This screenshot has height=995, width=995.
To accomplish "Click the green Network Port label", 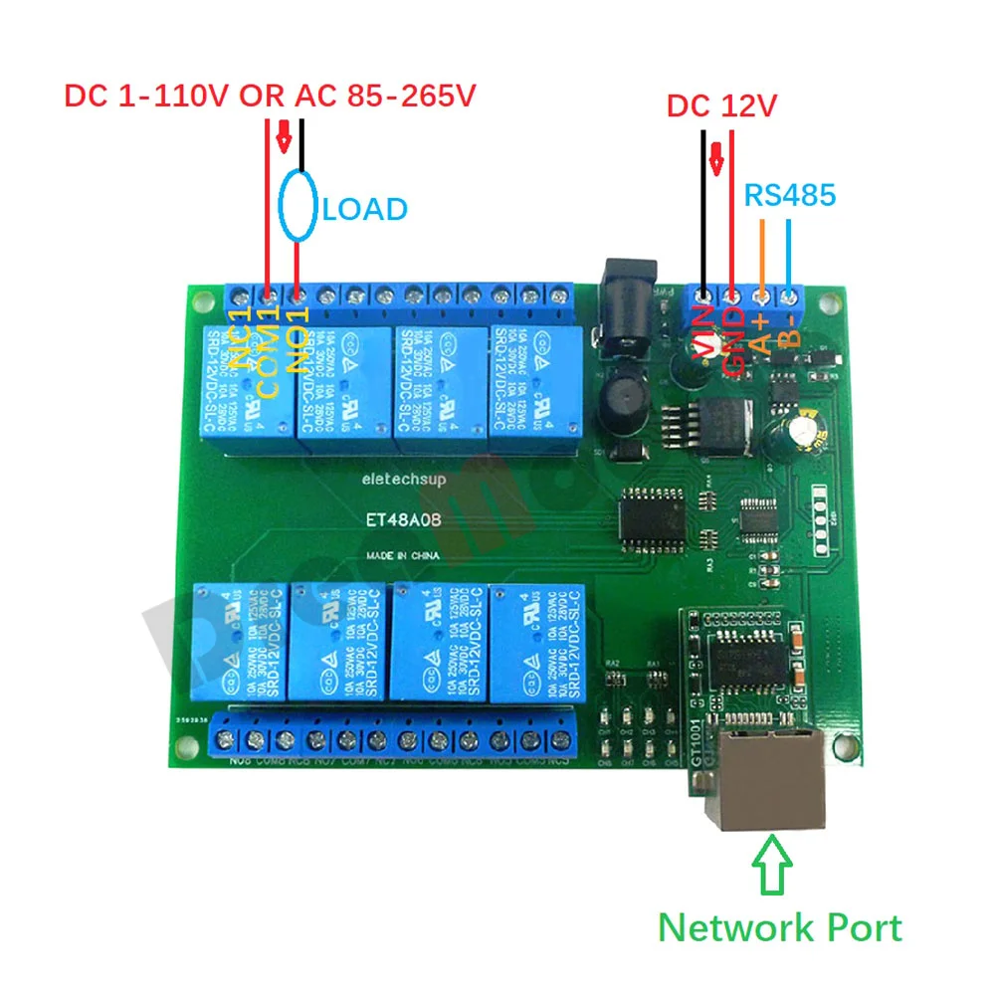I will point(780,927).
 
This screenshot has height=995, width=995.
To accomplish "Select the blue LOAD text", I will point(365,209).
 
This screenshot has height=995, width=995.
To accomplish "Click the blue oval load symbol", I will point(298,207).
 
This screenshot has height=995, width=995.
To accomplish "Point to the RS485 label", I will point(790,195).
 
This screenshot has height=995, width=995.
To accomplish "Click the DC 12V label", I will point(720,105).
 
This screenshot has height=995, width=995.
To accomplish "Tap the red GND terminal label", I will point(733,339).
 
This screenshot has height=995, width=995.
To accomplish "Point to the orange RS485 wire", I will point(762,255).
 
